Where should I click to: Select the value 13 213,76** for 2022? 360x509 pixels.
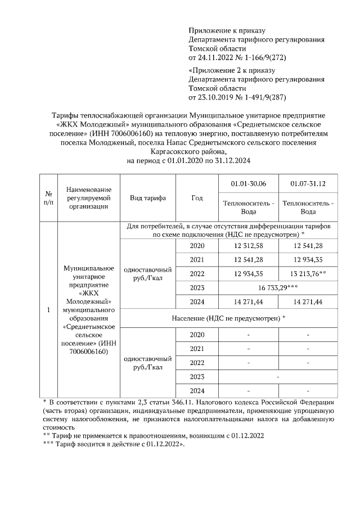pos(308,274)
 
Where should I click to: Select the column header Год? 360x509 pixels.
pos(197,198)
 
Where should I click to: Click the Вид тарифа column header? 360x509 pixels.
pos(148,198)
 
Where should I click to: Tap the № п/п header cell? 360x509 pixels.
pos(48,198)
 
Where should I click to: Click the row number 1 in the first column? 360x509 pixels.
pos(48,310)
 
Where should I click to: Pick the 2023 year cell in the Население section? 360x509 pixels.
pos(197,376)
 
